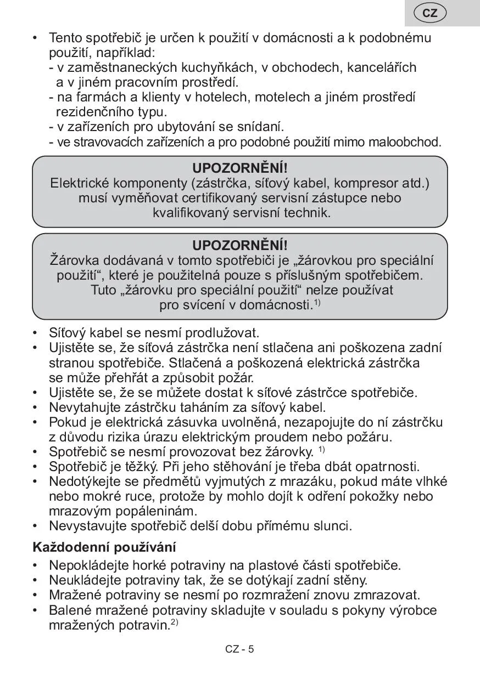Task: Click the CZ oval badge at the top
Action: [x=430, y=13]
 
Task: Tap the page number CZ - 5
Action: [x=239, y=649]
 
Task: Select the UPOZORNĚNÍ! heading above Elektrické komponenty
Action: [x=240, y=168]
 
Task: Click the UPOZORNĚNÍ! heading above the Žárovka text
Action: [x=240, y=245]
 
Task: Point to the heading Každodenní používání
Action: [x=104, y=547]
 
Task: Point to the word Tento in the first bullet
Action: [x=66, y=38]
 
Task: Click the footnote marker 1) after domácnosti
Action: [x=317, y=302]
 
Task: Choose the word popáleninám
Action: [x=154, y=511]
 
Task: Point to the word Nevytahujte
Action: [x=82, y=407]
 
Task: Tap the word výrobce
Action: [x=412, y=610]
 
